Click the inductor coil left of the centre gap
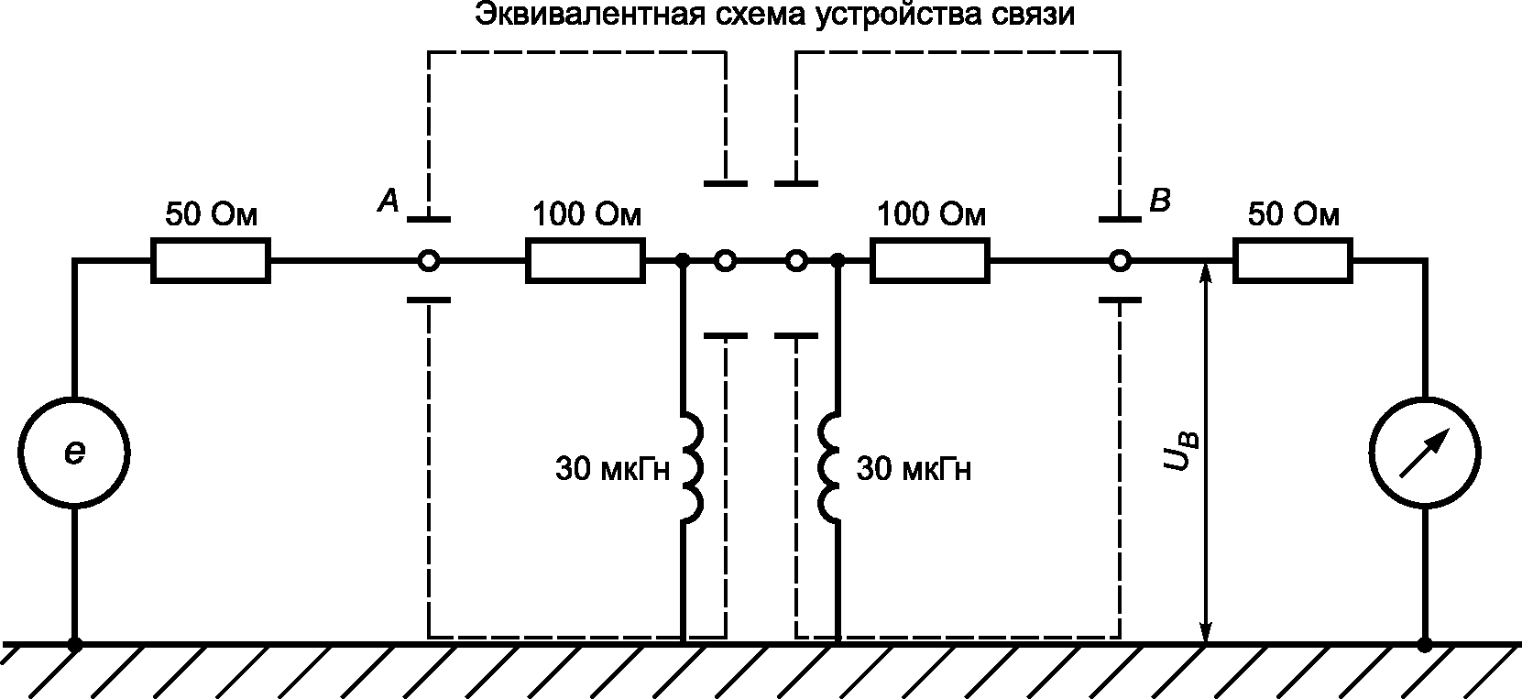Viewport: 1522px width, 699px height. pyautogui.click(x=693, y=469)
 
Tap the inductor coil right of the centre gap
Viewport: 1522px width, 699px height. pyautogui.click(x=829, y=469)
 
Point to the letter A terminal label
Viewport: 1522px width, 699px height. pyautogui.click(x=389, y=201)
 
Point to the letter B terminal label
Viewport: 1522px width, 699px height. pyautogui.click(x=1160, y=201)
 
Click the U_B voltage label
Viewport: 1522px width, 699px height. pyautogui.click(x=1179, y=451)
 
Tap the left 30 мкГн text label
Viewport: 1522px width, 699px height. pyautogui.click(x=612, y=469)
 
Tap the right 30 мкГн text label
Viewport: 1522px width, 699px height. pyautogui.click(x=914, y=469)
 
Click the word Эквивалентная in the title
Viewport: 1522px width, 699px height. pyautogui.click(x=587, y=15)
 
